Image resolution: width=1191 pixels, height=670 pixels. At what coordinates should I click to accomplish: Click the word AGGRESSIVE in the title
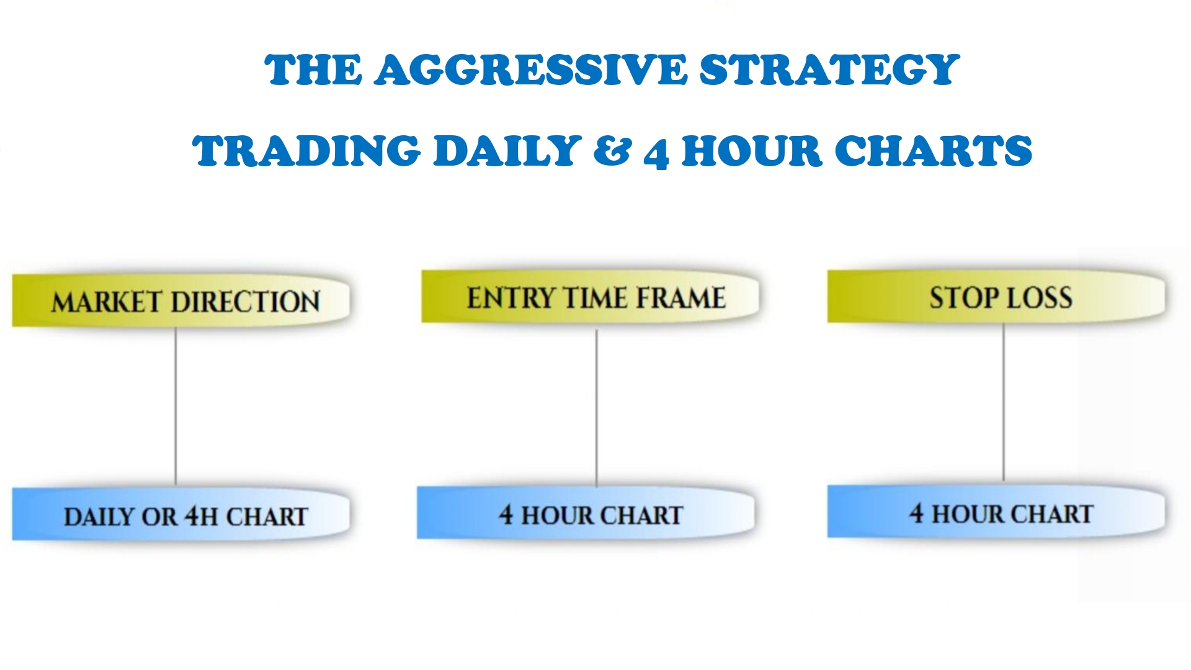pyautogui.click(x=531, y=69)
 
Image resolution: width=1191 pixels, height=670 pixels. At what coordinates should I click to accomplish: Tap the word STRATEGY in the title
pyautogui.click(x=830, y=69)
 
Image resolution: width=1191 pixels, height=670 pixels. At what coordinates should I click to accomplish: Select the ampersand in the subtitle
pyautogui.click(x=612, y=151)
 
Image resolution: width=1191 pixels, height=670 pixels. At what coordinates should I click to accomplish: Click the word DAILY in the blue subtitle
pyautogui.click(x=507, y=151)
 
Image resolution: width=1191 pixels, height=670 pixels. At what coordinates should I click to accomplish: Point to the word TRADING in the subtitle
pyautogui.click(x=307, y=151)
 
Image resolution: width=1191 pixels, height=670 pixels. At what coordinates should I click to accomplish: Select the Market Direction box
pyautogui.click(x=181, y=301)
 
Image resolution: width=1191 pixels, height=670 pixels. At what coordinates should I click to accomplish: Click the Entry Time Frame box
pyautogui.click(x=590, y=297)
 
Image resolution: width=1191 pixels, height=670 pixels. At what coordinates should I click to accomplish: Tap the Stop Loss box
pyautogui.click(x=996, y=297)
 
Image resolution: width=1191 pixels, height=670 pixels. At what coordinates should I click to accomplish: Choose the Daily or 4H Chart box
pyautogui.click(x=181, y=514)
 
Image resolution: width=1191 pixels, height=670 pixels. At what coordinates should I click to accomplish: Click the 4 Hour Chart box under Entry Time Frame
pyautogui.click(x=586, y=513)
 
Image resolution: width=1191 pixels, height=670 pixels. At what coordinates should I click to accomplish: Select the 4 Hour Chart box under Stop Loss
pyautogui.click(x=996, y=512)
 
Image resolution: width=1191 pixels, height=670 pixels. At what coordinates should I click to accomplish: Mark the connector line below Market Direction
pyautogui.click(x=176, y=407)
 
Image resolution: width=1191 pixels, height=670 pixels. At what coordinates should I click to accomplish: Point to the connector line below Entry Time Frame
pyautogui.click(x=597, y=408)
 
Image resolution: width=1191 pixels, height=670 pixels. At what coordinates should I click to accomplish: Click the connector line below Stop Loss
pyautogui.click(x=1004, y=402)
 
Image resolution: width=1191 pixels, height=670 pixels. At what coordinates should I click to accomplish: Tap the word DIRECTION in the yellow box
pyautogui.click(x=245, y=302)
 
